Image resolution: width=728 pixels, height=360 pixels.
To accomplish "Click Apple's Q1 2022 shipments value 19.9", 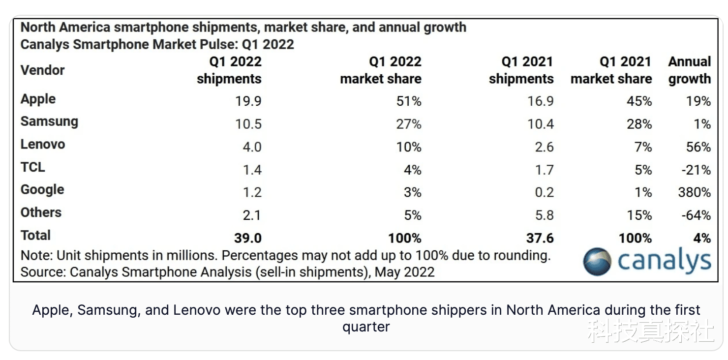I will point(248,101).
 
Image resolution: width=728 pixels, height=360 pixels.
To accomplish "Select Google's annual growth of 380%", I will point(694,192).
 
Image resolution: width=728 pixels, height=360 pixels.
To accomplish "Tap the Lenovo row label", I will point(43,145).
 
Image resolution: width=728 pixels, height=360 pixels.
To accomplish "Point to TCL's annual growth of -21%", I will point(696,170).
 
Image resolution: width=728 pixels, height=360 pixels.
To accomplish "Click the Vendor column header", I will point(43,70).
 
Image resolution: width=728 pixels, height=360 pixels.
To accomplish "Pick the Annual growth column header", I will point(689,70).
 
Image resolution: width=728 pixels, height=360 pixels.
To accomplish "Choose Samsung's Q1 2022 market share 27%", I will point(409,124).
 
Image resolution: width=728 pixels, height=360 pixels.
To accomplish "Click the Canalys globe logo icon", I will point(597,261).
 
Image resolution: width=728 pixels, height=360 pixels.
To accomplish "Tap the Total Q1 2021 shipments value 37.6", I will point(540,238).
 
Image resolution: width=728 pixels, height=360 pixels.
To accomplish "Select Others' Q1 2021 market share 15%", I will point(639,215).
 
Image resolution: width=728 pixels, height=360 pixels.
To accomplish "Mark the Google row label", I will point(42,190).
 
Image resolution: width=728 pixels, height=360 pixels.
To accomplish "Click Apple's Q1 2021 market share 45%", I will point(639,101).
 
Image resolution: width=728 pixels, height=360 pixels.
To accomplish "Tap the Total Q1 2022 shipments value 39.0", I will point(247,238).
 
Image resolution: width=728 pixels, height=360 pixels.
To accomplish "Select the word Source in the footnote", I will point(43,272).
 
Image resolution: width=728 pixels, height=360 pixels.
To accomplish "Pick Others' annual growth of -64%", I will point(696,215).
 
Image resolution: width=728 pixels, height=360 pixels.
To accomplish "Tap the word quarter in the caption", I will point(366,327).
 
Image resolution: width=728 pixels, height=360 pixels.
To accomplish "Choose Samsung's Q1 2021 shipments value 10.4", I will point(541,124).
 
